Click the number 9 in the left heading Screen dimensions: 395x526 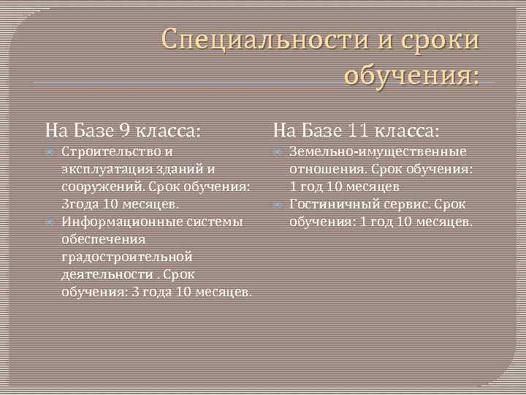pyautogui.click(x=125, y=132)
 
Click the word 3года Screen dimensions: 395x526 pyautogui.click(x=80, y=205)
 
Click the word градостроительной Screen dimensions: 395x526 pyautogui.click(x=127, y=257)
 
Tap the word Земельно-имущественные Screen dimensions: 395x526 pyautogui.click(x=378, y=152)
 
